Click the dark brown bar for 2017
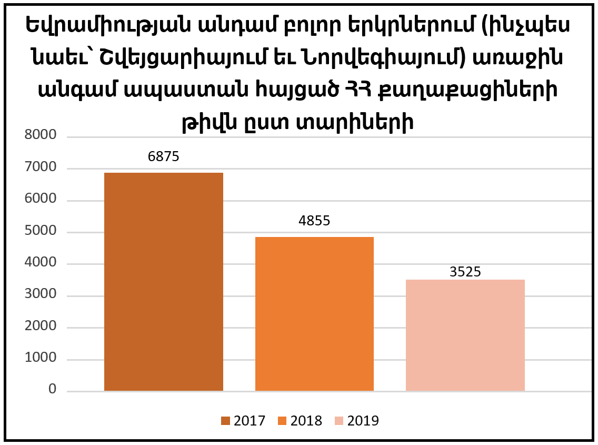coord(164,282)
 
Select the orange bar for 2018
coord(314,314)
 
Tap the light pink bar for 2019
coord(465,335)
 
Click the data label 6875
coord(164,156)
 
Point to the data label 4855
coord(314,221)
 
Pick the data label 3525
coord(465,272)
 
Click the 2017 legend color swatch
coord(226,421)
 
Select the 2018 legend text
coord(306,421)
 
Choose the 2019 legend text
coord(363,421)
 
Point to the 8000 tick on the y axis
coord(41,135)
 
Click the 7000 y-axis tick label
coord(41,167)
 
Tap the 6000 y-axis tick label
coord(41,199)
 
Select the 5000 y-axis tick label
coord(41,231)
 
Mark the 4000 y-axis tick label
coord(41,263)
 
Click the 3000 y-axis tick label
coord(41,294)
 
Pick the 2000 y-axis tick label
coord(41,326)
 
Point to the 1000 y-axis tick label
coord(41,358)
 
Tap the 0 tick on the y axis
coord(52,390)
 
